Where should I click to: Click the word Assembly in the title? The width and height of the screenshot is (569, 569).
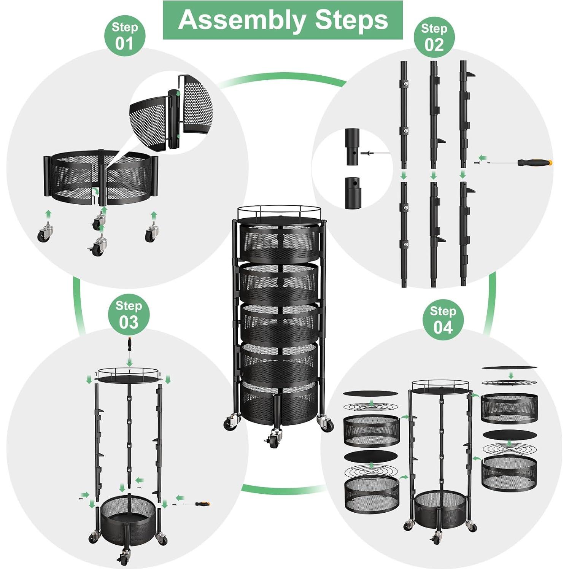242,21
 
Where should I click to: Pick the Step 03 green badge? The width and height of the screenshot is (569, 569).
129,315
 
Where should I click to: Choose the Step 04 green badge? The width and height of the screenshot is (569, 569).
443,321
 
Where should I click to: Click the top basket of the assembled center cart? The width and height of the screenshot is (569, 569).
280,242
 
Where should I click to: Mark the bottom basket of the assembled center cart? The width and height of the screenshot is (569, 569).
280,402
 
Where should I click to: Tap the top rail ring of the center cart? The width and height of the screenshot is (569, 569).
280,212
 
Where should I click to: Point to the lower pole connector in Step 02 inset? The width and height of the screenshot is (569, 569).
353,193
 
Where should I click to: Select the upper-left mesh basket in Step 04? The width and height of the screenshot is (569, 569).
371,431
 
